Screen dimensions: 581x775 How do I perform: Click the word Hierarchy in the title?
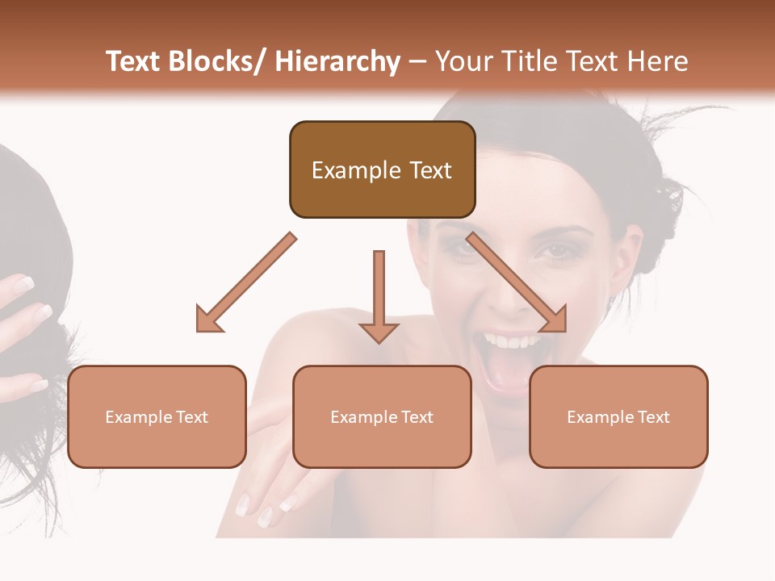pyautogui.click(x=337, y=61)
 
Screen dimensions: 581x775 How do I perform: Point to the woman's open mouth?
pyautogui.click(x=509, y=363)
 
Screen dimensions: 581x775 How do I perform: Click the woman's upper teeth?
pyautogui.click(x=509, y=341)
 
